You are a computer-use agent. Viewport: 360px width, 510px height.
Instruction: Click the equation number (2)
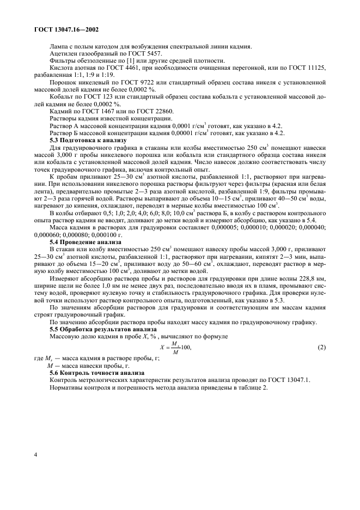pos(321,347)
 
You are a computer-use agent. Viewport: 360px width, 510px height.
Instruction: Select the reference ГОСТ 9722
pos(124,81)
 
